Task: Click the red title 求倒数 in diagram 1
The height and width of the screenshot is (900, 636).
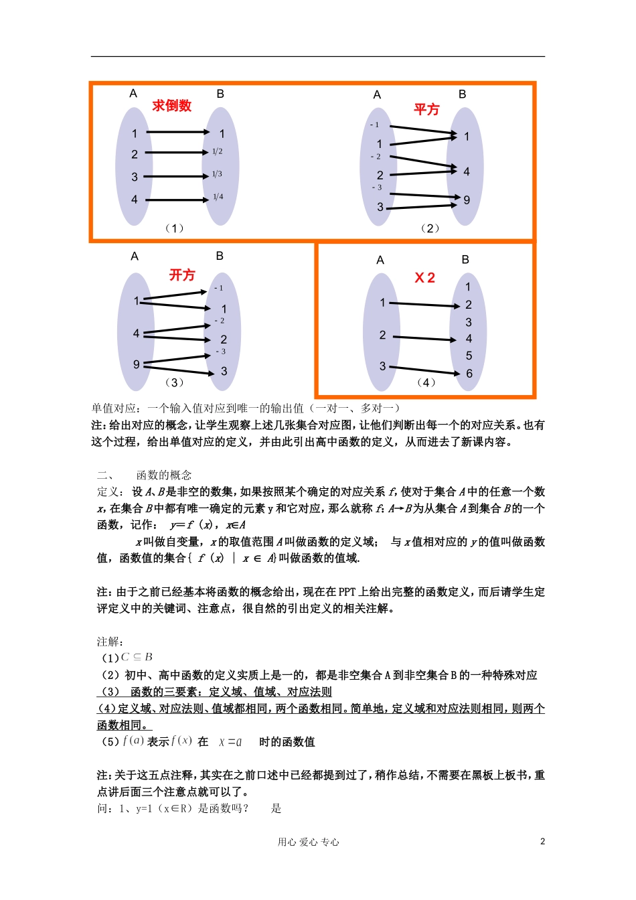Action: (x=172, y=106)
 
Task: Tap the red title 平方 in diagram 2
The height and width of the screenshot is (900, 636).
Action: (x=426, y=109)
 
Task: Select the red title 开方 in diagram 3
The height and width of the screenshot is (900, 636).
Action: (x=182, y=275)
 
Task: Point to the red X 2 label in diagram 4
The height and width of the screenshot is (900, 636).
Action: (x=425, y=278)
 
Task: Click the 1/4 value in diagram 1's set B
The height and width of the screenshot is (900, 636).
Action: (x=218, y=197)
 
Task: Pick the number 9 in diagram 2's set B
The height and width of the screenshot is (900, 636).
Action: (x=467, y=200)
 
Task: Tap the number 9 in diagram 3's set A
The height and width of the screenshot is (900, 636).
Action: (x=137, y=364)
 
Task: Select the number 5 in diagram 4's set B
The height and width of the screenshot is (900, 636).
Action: (x=469, y=356)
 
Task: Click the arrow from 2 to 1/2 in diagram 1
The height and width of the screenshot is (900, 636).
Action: (x=177, y=153)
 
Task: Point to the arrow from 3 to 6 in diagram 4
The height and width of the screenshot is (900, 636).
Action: (x=424, y=370)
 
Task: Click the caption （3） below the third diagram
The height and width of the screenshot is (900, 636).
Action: (x=173, y=382)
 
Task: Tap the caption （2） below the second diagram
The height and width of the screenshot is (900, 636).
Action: (x=430, y=228)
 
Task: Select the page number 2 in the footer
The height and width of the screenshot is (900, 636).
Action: (x=542, y=842)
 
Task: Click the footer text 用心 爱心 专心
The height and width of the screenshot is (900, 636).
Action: (x=309, y=842)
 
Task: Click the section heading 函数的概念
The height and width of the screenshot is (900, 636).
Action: (x=164, y=475)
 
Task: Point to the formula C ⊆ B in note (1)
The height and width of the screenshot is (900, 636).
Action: (x=137, y=657)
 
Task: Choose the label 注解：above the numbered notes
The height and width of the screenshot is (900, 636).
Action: (x=110, y=642)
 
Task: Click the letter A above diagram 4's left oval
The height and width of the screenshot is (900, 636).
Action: (x=380, y=260)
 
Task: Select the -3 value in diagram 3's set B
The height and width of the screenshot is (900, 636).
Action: (x=220, y=352)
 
